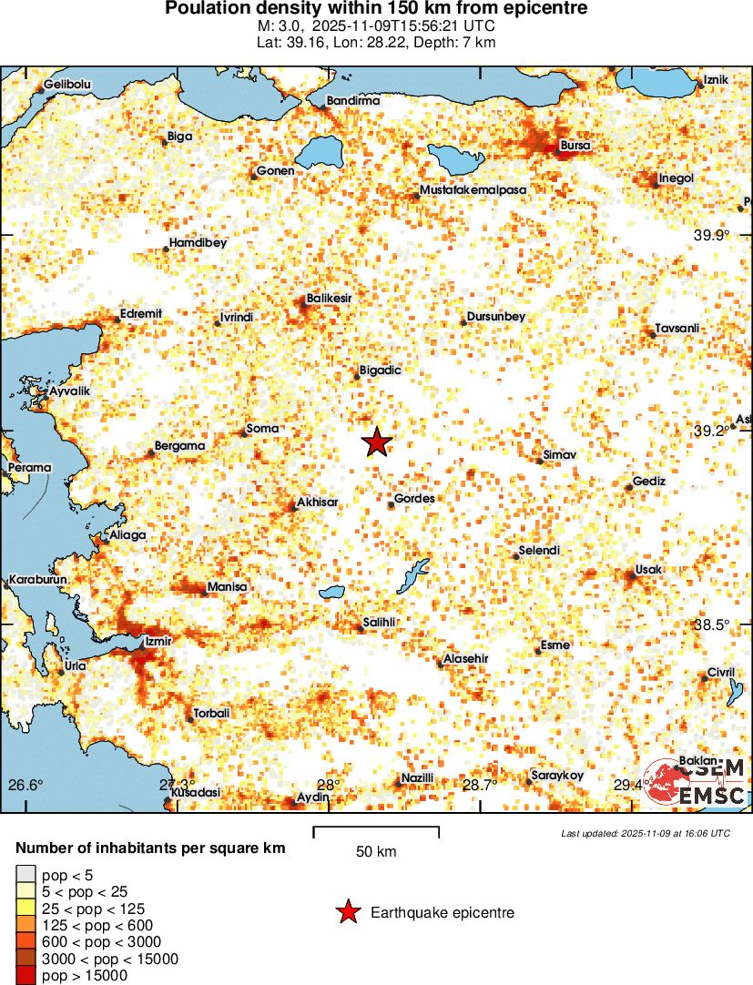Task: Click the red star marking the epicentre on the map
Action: (377, 442)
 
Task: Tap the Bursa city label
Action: (575, 145)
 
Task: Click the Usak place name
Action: (649, 570)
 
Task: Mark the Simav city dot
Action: (540, 462)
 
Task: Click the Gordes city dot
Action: (391, 505)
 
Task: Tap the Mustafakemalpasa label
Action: (473, 189)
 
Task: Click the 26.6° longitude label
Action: (25, 786)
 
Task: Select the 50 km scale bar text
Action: (376, 852)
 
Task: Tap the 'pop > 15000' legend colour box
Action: (26, 976)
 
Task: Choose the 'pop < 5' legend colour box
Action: (26, 876)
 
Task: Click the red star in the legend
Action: (347, 912)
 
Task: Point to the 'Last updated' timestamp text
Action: (646, 833)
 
